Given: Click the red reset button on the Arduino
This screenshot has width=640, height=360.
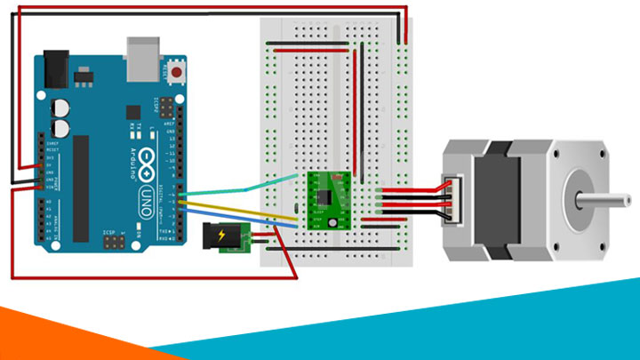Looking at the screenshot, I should [x=180, y=71].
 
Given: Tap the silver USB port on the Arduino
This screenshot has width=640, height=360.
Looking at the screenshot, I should [x=143, y=54].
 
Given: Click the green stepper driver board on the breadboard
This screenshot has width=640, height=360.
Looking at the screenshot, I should [x=328, y=201].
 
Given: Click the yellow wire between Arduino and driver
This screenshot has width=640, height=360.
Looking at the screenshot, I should [x=240, y=210].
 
